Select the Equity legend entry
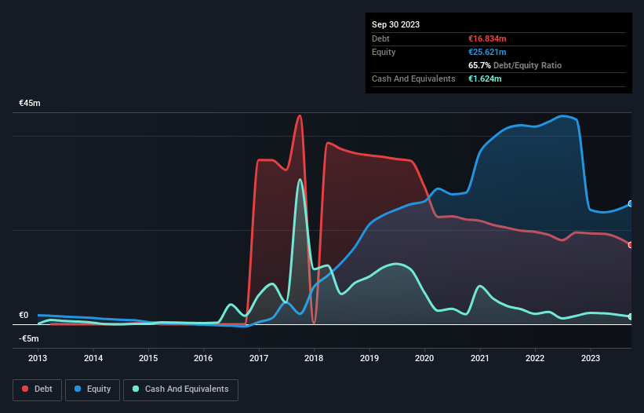click(x=93, y=389)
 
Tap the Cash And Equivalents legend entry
click(x=180, y=389)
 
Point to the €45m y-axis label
click(x=30, y=103)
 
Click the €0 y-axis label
click(x=24, y=315)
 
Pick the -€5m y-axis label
click(x=29, y=338)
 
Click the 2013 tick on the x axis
click(x=38, y=358)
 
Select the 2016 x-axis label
click(x=203, y=358)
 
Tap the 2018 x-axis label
click(x=314, y=358)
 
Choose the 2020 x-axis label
click(x=424, y=358)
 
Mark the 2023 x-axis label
click(x=590, y=358)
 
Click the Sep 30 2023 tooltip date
click(x=395, y=24)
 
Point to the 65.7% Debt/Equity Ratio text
click(x=515, y=65)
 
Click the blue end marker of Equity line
click(x=631, y=203)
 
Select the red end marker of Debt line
click(x=631, y=245)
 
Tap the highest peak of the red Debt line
click(x=299, y=115)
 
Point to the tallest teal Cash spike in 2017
click(x=299, y=180)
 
